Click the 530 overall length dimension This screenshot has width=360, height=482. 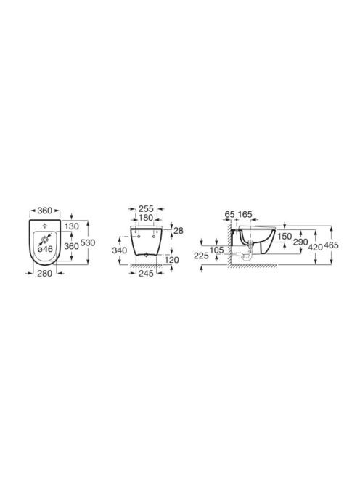pyautogui.click(x=88, y=243)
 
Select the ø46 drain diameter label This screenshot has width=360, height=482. pyautogui.click(x=45, y=249)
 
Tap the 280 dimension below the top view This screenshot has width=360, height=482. pyautogui.click(x=44, y=273)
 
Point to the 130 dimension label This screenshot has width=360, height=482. pyautogui.click(x=72, y=226)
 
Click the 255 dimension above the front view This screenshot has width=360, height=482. pyautogui.click(x=146, y=209)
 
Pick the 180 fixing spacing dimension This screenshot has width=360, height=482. pyautogui.click(x=146, y=218)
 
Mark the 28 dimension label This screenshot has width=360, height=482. pyautogui.click(x=179, y=231)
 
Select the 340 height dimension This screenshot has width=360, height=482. pyautogui.click(x=119, y=250)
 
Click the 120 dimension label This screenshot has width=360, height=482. pyautogui.click(x=171, y=260)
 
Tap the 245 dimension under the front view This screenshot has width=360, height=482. pyautogui.click(x=146, y=273)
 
